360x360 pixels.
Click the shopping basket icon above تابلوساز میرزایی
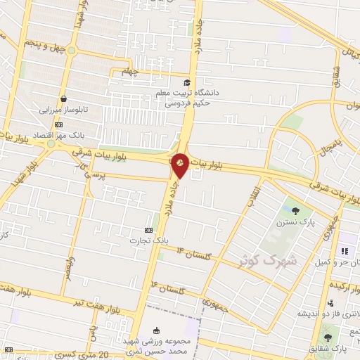pyautogui.click(x=65, y=99)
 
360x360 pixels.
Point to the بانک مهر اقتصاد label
pyautogui.click(x=59, y=133)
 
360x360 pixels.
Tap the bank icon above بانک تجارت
pyautogui.click(x=148, y=230)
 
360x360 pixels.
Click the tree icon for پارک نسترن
pyautogui.click(x=297, y=210)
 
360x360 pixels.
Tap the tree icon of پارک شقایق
pyautogui.click(x=328, y=337)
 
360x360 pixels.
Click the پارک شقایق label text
pyautogui.click(x=331, y=349)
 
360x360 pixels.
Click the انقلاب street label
pyautogui.click(x=252, y=197)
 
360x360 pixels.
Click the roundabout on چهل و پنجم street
pyautogui.click(x=70, y=50)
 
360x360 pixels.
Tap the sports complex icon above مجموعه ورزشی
pyautogui.click(x=156, y=330)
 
